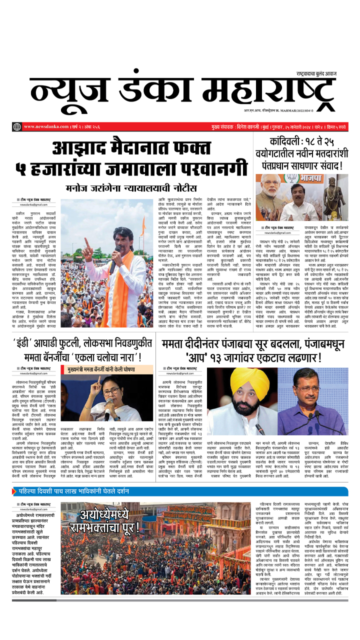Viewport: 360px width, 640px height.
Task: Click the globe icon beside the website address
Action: click(17, 127)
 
